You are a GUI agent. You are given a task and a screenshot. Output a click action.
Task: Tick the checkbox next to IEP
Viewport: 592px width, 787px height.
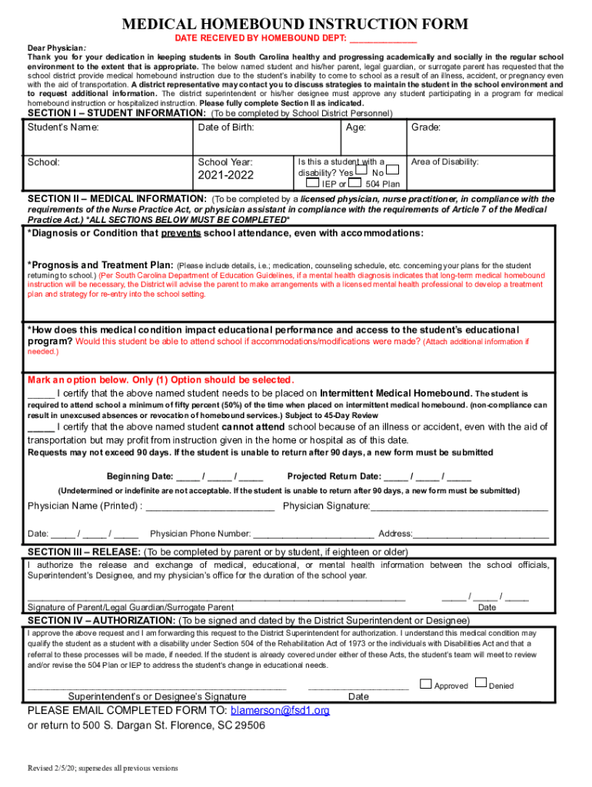click(x=312, y=183)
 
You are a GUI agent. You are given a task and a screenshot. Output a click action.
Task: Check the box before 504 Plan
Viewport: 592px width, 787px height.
click(x=355, y=183)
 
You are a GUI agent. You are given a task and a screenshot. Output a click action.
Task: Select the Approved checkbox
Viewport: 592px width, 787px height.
click(x=426, y=682)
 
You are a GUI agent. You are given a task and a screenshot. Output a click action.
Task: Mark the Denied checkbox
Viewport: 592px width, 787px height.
click(x=481, y=682)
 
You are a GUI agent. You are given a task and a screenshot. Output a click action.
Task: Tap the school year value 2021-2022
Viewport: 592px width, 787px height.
click(x=225, y=176)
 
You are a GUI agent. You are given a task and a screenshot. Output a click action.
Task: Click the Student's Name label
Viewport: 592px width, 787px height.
click(x=63, y=128)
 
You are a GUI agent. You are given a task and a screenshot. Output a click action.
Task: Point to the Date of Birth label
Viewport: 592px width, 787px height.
click(x=226, y=128)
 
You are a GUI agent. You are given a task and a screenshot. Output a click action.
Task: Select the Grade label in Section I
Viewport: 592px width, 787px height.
click(x=426, y=128)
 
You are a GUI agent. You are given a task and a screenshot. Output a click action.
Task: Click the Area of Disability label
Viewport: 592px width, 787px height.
click(x=445, y=162)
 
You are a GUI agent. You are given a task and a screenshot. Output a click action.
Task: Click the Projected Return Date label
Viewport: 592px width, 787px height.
click(x=334, y=476)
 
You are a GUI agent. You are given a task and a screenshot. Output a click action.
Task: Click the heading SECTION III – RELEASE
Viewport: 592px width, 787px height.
click(x=84, y=552)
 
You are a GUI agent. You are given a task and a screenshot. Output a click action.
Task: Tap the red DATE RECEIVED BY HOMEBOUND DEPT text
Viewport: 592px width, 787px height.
click(x=261, y=37)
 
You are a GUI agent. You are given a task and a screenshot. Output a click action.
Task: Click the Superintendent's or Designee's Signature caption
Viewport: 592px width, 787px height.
click(x=157, y=696)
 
